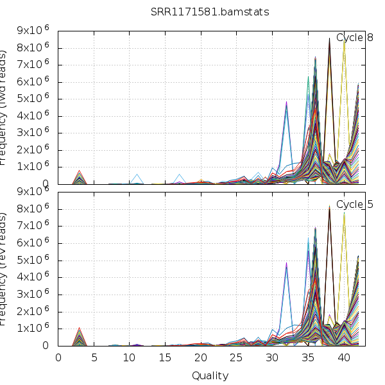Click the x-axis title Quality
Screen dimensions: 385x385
click(x=210, y=375)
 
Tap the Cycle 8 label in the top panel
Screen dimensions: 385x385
click(x=355, y=38)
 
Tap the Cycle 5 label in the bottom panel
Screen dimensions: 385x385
click(x=355, y=205)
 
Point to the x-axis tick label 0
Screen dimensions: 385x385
click(x=58, y=358)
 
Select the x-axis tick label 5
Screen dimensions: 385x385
click(x=94, y=358)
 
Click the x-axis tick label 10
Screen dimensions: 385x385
click(x=130, y=358)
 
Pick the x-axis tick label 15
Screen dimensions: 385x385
click(x=166, y=358)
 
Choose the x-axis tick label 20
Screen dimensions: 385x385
click(x=201, y=358)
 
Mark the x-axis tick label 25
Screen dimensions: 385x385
click(x=237, y=358)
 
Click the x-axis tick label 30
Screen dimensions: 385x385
click(x=272, y=358)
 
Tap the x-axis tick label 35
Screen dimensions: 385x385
click(x=308, y=358)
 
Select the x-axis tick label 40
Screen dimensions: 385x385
click(x=343, y=358)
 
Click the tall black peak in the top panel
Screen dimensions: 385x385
click(x=329, y=40)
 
